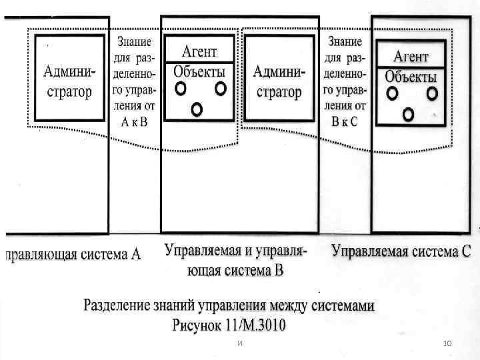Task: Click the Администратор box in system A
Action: pyautogui.click(x=69, y=79)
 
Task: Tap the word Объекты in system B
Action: pyautogui.click(x=199, y=71)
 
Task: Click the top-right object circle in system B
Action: pyautogui.click(x=220, y=88)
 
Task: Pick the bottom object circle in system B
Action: pyautogui.click(x=196, y=109)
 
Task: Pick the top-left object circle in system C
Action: pyautogui.click(x=392, y=93)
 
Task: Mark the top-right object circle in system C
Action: pyautogui.click(x=432, y=93)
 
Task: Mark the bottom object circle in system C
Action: pyautogui.click(x=408, y=115)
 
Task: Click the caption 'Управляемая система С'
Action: pyautogui.click(x=401, y=252)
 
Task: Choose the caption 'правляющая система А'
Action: pyautogui.click(x=74, y=254)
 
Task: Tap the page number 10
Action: pyautogui.click(x=447, y=343)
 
